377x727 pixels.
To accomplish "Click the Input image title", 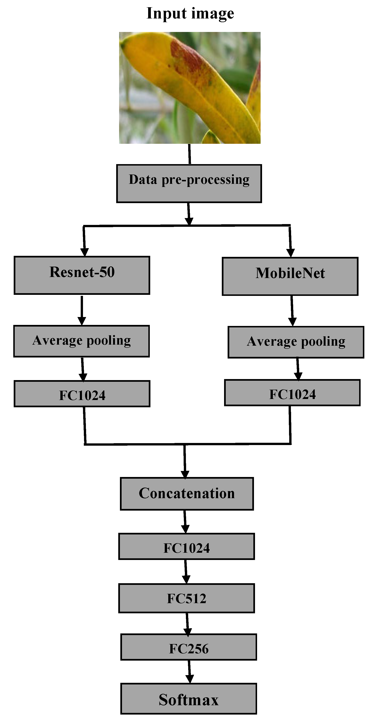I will click(x=190, y=13).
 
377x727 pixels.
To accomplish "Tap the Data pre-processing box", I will click(x=189, y=183).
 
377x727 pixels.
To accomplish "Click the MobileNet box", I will click(x=290, y=276).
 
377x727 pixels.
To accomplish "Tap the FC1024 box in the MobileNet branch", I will click(x=292, y=393).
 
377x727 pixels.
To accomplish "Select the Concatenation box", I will click(x=187, y=494).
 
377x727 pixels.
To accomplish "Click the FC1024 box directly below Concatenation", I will click(x=187, y=546).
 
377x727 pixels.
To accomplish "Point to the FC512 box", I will click(x=187, y=598).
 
